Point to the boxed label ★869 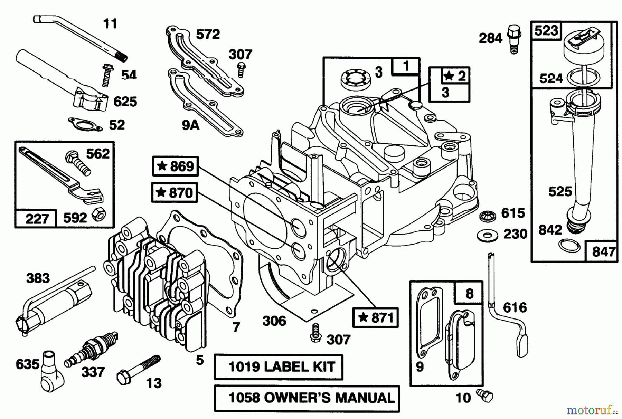[x=175, y=166]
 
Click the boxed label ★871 [x=375, y=317]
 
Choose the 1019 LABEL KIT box [x=278, y=367]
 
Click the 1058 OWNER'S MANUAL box [x=307, y=398]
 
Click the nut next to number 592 [x=98, y=216]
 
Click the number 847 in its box [x=603, y=251]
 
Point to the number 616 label [x=515, y=307]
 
